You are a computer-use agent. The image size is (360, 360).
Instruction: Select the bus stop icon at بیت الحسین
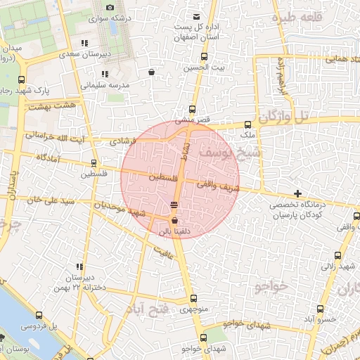[x=204, y=57]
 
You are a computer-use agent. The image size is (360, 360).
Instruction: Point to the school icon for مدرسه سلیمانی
[x=104, y=74]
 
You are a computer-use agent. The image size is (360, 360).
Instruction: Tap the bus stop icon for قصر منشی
[x=192, y=109]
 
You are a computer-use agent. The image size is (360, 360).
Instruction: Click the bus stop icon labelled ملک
[x=247, y=124]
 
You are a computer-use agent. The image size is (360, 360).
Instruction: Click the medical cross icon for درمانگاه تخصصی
[x=298, y=193]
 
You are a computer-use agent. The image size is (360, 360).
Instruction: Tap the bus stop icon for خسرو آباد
[x=321, y=309]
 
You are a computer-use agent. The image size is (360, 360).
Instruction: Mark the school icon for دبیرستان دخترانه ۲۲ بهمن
[x=79, y=267]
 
